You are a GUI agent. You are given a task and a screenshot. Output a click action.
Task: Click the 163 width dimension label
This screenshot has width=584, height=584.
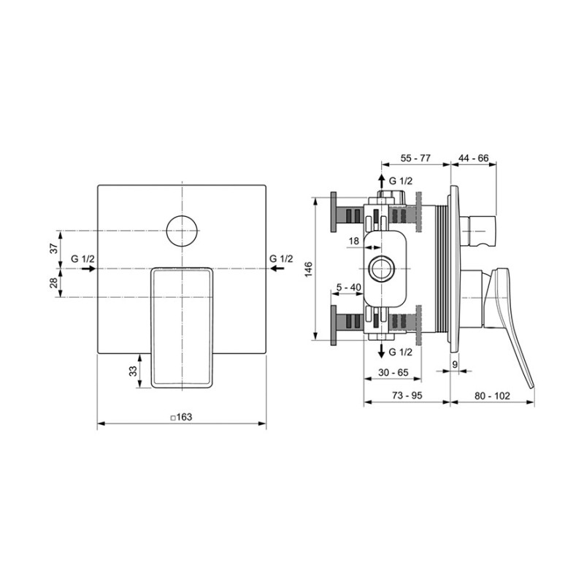(181, 417)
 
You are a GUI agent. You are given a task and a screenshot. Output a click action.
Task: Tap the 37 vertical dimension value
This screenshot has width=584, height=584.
(54, 248)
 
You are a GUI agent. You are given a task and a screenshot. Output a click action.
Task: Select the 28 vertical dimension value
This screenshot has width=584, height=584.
(54, 283)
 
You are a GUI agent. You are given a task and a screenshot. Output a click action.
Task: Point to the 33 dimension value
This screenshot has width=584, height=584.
(133, 371)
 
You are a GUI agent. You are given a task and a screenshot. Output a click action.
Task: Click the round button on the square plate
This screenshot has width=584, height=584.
(182, 231)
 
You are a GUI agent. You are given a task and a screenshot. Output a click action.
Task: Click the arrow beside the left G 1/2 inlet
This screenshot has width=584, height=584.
(88, 269)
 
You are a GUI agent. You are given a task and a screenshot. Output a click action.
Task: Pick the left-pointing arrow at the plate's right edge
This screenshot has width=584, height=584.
(277, 269)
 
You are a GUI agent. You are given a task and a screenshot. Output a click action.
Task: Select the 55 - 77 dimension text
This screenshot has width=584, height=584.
(415, 158)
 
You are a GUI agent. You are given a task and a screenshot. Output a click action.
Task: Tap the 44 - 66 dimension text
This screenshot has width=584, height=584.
(473, 158)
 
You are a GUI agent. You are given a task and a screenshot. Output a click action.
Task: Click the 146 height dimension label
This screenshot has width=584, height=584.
(309, 269)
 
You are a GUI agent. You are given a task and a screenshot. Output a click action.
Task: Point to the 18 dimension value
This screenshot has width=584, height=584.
(353, 241)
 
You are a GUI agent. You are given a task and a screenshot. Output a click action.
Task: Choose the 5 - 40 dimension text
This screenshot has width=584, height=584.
(349, 287)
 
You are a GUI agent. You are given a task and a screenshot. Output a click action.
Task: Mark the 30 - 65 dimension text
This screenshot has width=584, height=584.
(393, 372)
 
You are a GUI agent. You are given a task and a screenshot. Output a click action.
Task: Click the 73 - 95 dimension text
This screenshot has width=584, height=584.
(407, 396)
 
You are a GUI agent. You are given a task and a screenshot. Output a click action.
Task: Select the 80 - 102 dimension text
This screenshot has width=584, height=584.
(492, 396)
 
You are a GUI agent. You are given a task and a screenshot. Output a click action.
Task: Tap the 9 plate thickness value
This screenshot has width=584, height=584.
(455, 364)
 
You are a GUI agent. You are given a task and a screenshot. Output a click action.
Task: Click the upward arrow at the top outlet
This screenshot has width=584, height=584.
(381, 182)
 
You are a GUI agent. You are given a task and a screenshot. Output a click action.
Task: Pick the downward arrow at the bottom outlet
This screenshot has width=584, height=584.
(381, 350)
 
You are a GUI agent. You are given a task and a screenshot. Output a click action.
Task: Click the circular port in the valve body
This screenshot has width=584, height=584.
(380, 269)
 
